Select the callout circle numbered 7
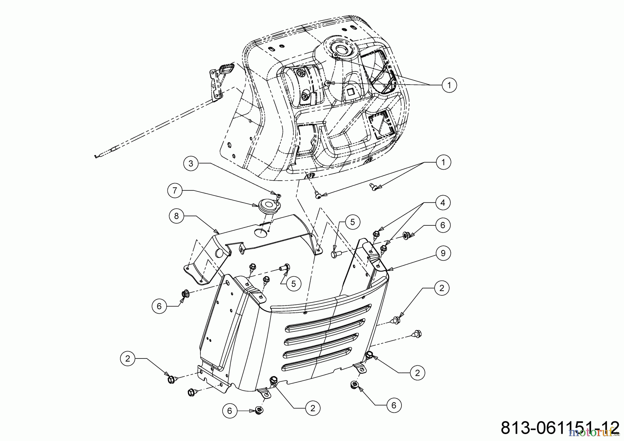[x=175, y=191]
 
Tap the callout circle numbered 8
[x=176, y=216]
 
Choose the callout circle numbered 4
[x=443, y=202]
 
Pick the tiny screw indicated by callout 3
[x=279, y=196]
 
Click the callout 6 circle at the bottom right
[x=393, y=405]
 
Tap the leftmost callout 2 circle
[x=128, y=359]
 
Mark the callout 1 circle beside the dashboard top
[x=449, y=85]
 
